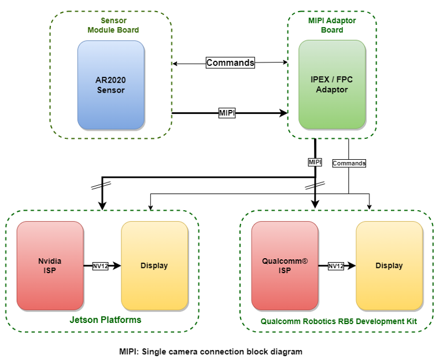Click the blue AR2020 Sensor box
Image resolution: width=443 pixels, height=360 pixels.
(x=110, y=85)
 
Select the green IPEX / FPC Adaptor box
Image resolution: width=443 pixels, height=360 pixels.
(x=332, y=85)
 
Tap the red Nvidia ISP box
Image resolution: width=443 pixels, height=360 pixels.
(x=50, y=266)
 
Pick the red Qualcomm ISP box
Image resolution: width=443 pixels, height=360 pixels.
(x=285, y=266)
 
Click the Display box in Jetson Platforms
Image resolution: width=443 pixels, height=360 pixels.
(x=154, y=266)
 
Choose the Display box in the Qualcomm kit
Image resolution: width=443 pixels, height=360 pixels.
(x=389, y=266)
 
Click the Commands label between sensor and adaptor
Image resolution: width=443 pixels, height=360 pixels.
(x=230, y=63)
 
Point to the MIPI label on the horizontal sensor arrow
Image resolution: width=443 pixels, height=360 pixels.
(x=227, y=113)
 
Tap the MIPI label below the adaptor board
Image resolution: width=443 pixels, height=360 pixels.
(x=315, y=163)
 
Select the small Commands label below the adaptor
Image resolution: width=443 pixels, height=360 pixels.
(x=349, y=163)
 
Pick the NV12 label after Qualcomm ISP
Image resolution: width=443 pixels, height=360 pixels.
(x=336, y=266)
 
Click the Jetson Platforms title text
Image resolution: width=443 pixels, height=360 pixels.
(x=105, y=319)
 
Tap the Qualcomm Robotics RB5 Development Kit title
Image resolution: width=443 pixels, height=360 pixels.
(x=338, y=321)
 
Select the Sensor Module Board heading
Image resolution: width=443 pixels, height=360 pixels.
(x=113, y=25)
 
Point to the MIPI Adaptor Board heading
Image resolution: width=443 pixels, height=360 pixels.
(x=332, y=25)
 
